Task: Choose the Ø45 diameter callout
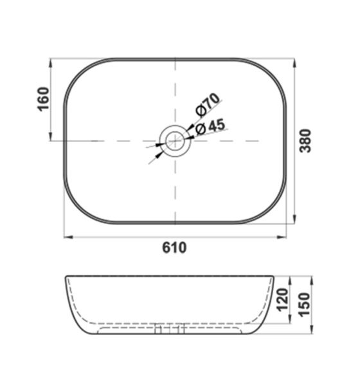pyautogui.click(x=210, y=127)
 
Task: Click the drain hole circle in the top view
pyautogui.click(x=175, y=140)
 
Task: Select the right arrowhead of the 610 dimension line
pyautogui.click(x=283, y=237)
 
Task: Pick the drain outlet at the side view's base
pyautogui.click(x=170, y=331)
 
